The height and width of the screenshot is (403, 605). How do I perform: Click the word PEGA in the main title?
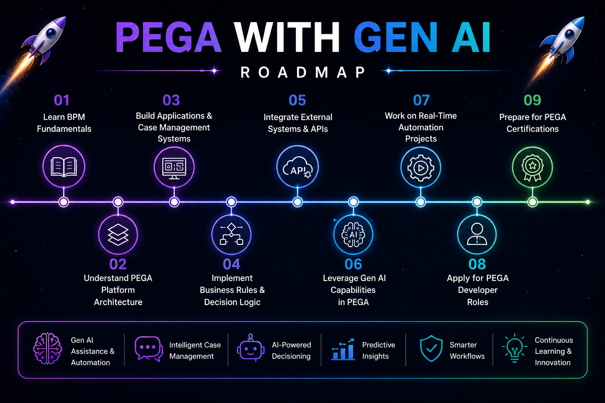[x=169, y=37]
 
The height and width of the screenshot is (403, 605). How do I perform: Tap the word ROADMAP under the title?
[x=303, y=72]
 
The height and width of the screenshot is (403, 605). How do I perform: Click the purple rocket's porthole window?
[x=51, y=33]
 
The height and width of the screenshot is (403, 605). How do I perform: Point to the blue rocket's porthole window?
[x=570, y=34]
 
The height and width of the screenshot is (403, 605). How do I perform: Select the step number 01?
[x=61, y=100]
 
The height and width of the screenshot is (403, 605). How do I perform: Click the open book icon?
[x=64, y=167]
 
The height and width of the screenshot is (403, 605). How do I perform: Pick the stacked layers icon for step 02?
[x=118, y=235]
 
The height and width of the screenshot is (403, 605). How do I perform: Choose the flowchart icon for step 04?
[x=232, y=234]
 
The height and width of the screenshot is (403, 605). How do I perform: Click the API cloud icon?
[x=298, y=167]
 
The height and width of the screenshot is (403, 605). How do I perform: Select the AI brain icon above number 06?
[x=353, y=235]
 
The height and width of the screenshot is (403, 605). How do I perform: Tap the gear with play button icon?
[x=421, y=168]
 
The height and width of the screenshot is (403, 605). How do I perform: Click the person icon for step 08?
[x=477, y=234]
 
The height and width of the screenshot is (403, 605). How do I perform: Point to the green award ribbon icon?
[x=533, y=168]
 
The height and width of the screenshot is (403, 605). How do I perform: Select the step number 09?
[x=533, y=100]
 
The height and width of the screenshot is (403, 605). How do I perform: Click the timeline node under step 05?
[x=298, y=202]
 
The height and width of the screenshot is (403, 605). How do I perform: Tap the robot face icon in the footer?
[x=251, y=348]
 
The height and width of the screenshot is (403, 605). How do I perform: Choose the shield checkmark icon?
[x=431, y=348]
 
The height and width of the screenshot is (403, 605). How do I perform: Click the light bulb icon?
[x=514, y=348]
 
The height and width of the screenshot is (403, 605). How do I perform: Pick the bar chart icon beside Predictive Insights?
[x=343, y=349]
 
